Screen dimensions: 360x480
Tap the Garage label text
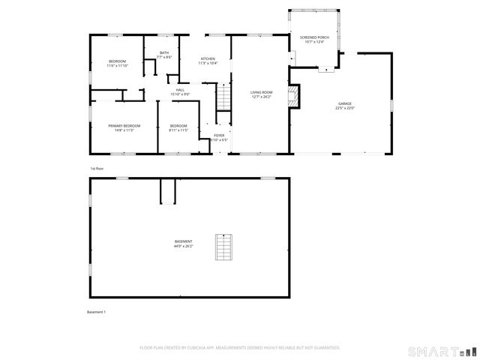[x=344, y=103]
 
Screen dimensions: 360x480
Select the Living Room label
[x=260, y=91]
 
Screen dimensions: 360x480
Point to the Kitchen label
[x=208, y=58]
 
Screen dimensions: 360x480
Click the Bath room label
[x=164, y=52]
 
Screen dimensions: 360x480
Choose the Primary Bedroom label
[x=124, y=125]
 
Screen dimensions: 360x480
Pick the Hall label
[x=180, y=90]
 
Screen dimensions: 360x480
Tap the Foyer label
[x=218, y=135]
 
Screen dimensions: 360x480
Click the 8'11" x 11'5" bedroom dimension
[x=178, y=130]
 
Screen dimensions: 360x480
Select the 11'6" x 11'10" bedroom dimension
[x=117, y=66]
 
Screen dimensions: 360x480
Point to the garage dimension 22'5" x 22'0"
[x=344, y=108]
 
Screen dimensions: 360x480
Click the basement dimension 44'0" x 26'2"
[x=183, y=246]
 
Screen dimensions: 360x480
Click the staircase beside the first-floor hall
[x=223, y=97]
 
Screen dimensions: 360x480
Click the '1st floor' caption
[x=96, y=168]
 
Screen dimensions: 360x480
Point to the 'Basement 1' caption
[x=97, y=311]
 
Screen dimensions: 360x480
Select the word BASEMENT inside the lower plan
[x=183, y=241]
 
